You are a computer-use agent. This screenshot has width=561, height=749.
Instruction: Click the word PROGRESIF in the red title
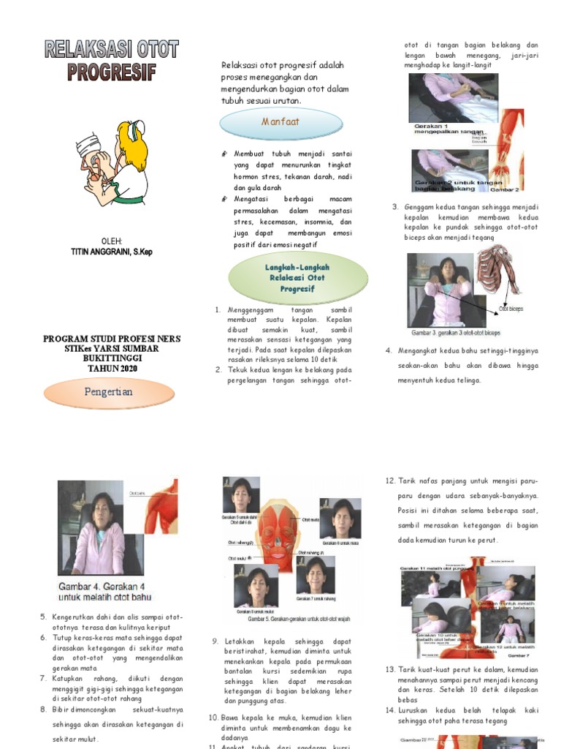click(x=111, y=72)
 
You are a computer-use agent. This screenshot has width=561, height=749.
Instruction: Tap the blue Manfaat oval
click(x=280, y=122)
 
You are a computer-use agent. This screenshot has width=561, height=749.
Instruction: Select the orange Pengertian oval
click(x=108, y=392)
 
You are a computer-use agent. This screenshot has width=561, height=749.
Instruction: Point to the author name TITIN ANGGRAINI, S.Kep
click(x=111, y=252)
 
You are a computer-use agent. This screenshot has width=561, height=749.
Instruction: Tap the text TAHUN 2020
click(x=111, y=368)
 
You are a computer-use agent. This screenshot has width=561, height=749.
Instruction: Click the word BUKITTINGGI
click(x=111, y=358)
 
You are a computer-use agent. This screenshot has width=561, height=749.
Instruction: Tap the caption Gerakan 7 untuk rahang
click(x=316, y=598)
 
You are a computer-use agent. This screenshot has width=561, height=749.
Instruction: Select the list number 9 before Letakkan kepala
click(x=215, y=641)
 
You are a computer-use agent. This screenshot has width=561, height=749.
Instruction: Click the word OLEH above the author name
click(x=112, y=241)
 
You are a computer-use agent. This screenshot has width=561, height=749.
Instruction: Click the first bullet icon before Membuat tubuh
click(x=225, y=154)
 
